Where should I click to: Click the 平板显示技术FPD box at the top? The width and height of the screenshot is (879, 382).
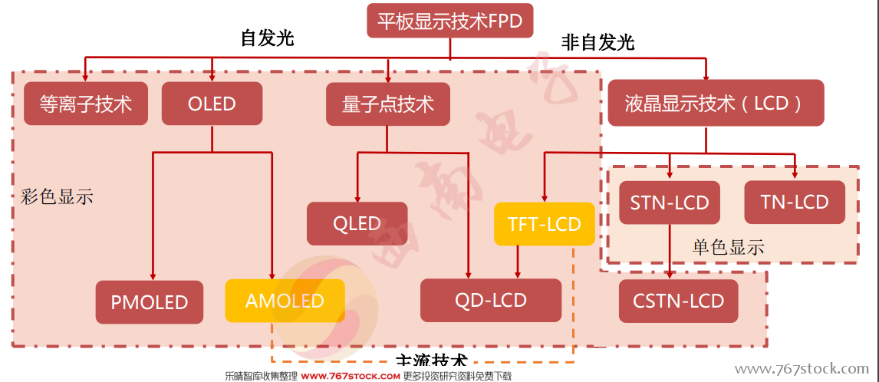449,21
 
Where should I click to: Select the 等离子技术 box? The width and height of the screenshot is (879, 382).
85,104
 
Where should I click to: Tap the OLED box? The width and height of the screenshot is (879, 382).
212,104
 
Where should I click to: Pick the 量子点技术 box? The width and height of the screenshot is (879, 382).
387,104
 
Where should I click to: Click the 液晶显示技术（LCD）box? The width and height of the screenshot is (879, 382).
716,103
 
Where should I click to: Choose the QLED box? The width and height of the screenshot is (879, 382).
357,224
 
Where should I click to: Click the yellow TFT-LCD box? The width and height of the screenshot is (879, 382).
544,224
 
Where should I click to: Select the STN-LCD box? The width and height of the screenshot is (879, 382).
670,203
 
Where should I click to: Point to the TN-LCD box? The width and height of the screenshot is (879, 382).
794,203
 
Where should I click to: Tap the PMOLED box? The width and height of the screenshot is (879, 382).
150,301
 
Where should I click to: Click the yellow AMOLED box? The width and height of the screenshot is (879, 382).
285,301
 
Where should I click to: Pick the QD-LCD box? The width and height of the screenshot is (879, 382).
491,300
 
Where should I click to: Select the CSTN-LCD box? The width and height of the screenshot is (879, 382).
679,301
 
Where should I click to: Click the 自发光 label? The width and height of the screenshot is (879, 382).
267,38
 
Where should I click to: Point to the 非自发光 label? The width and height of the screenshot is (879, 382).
598,42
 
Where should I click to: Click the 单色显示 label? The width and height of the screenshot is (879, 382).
728,247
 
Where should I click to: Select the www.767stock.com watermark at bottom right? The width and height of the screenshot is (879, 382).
802,370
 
